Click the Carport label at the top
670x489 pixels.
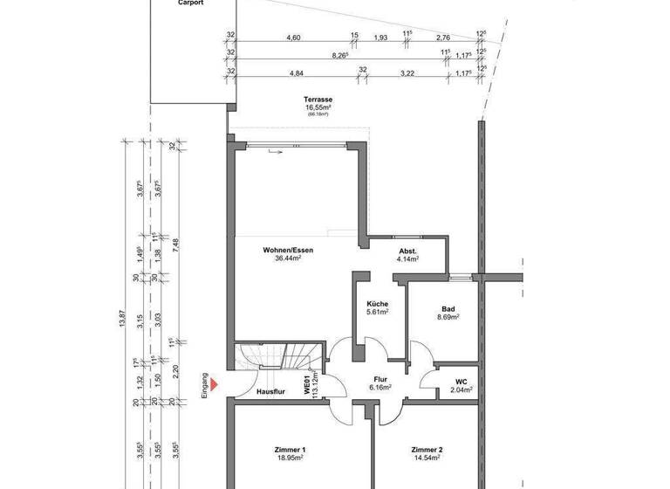click(x=192, y=3)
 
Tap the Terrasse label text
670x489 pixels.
click(x=318, y=100)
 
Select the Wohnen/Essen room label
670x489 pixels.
click(x=288, y=251)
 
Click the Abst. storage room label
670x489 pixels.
click(x=407, y=251)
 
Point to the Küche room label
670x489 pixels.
click(x=377, y=304)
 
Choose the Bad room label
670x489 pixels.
click(x=448, y=309)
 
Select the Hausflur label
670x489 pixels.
click(x=271, y=392)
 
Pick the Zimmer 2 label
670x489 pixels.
click(x=427, y=450)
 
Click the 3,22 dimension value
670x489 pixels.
click(x=407, y=73)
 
